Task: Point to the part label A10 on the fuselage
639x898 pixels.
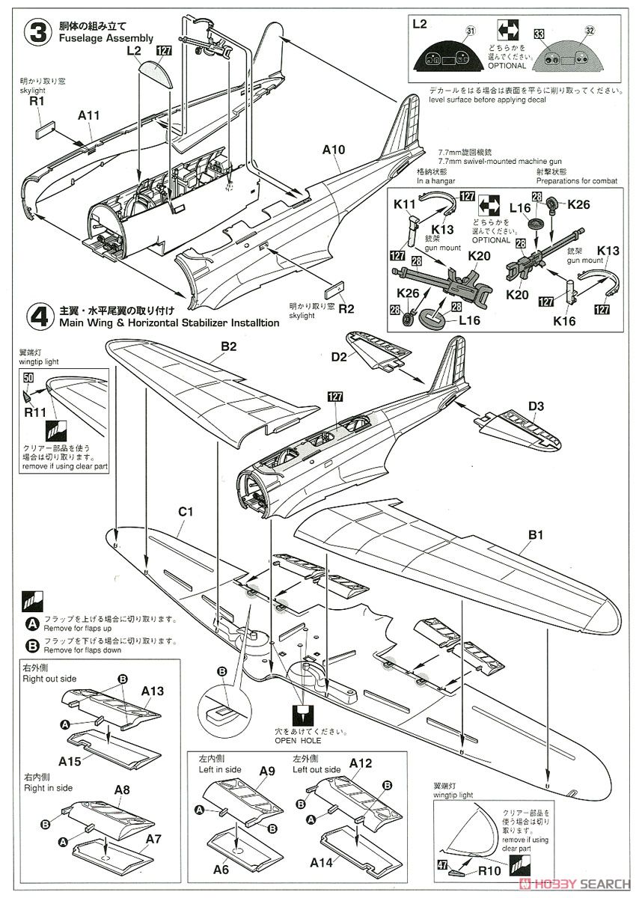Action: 332,150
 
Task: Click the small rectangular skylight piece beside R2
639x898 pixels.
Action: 334,290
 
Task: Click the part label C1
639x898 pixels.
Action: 186,513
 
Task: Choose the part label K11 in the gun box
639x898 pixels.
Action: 406,203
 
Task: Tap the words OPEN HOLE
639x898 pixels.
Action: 297,740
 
